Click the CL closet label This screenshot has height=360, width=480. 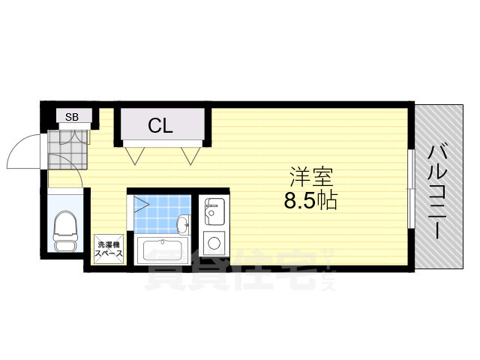click(x=160, y=125)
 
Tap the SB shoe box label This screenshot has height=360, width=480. click(x=72, y=116)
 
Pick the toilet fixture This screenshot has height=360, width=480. click(x=67, y=230)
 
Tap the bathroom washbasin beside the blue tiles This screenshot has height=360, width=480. click(x=183, y=223)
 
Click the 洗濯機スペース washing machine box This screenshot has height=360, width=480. click(x=107, y=248)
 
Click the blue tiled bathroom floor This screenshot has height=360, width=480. click(x=157, y=214)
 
